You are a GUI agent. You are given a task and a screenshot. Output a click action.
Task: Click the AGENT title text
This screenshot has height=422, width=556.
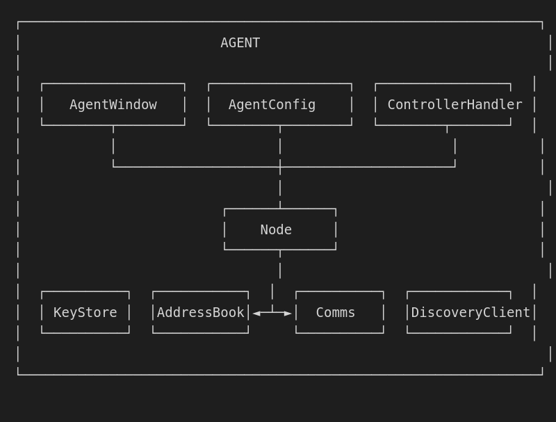point(240,43)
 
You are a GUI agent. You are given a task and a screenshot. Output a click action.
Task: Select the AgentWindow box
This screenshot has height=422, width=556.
point(113,104)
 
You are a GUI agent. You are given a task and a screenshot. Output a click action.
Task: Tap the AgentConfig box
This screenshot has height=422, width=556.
point(280,104)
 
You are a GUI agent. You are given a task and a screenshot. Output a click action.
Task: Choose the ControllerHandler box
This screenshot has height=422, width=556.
point(455,104)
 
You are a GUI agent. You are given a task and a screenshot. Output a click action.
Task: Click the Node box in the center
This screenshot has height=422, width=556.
point(280,229)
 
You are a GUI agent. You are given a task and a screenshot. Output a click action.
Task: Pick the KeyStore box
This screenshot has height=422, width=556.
point(85,312)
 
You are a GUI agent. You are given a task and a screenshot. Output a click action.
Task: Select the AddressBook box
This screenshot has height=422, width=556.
point(201,312)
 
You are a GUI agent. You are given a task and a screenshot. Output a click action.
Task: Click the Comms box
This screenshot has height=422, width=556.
point(340,312)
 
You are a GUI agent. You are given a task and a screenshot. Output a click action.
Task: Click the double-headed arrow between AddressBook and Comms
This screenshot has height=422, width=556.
point(272,313)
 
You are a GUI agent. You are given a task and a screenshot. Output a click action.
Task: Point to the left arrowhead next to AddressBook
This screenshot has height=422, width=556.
point(256,313)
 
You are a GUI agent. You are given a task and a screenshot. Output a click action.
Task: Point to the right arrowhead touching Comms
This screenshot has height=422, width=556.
point(288,313)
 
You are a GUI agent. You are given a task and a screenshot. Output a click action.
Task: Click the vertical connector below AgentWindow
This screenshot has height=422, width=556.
point(113,146)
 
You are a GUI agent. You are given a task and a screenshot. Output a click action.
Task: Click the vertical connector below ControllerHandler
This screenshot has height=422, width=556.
point(455,146)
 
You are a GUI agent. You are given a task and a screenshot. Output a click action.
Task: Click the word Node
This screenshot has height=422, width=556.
point(276,229)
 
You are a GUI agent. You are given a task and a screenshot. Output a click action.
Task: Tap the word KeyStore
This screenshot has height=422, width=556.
point(85,312)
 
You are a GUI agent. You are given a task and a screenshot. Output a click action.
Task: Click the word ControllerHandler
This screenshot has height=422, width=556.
point(455,104)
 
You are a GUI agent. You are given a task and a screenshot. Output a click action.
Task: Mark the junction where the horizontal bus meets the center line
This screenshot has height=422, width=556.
point(280,167)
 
